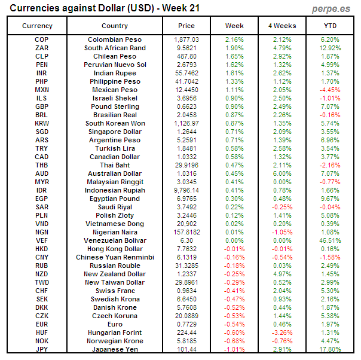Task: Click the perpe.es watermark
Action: coord(332,9)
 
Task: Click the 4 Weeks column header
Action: coord(282,26)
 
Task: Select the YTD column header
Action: coord(331,26)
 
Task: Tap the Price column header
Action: coord(186,26)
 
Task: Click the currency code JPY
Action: coord(42,349)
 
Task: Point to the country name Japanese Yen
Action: coord(115,349)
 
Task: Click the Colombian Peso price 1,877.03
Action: coord(186,39)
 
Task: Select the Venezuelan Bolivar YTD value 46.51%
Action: coord(331,240)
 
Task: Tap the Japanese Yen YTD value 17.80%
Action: coord(331,349)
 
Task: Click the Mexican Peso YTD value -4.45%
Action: coord(331,90)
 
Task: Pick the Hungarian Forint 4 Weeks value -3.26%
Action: coord(282,332)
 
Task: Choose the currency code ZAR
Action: coord(42,48)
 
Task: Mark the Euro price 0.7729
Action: coord(186,324)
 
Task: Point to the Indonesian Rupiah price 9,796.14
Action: coord(186,190)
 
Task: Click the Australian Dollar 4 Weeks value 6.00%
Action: coord(282,173)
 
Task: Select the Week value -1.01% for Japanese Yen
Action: coord(234,349)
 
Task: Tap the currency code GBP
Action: coord(42,106)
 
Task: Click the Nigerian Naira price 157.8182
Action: coord(186,232)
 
